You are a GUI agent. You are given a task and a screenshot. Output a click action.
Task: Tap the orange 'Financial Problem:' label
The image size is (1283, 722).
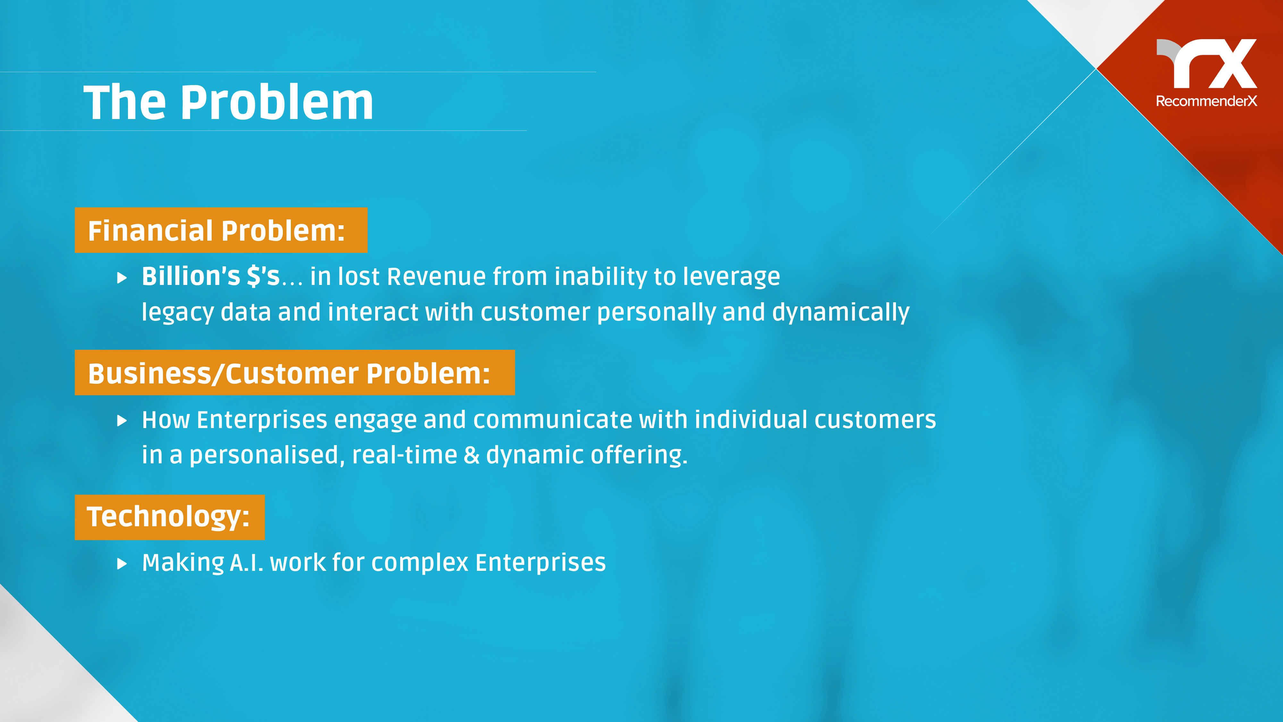[x=221, y=230]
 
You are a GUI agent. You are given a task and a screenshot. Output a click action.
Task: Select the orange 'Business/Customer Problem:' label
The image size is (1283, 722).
[x=294, y=373]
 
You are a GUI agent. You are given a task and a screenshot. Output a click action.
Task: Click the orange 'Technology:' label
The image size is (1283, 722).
[x=169, y=517]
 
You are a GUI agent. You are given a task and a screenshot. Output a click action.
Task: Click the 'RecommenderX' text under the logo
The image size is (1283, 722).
[x=1206, y=101]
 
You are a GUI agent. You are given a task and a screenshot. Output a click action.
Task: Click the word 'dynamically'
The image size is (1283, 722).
[x=841, y=313]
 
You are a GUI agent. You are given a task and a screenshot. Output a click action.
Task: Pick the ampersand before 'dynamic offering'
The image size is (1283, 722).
[x=471, y=455]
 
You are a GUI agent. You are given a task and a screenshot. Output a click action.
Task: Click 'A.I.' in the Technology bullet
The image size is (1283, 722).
[x=247, y=563]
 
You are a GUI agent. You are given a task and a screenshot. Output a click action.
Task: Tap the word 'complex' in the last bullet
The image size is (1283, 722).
[x=420, y=563]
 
